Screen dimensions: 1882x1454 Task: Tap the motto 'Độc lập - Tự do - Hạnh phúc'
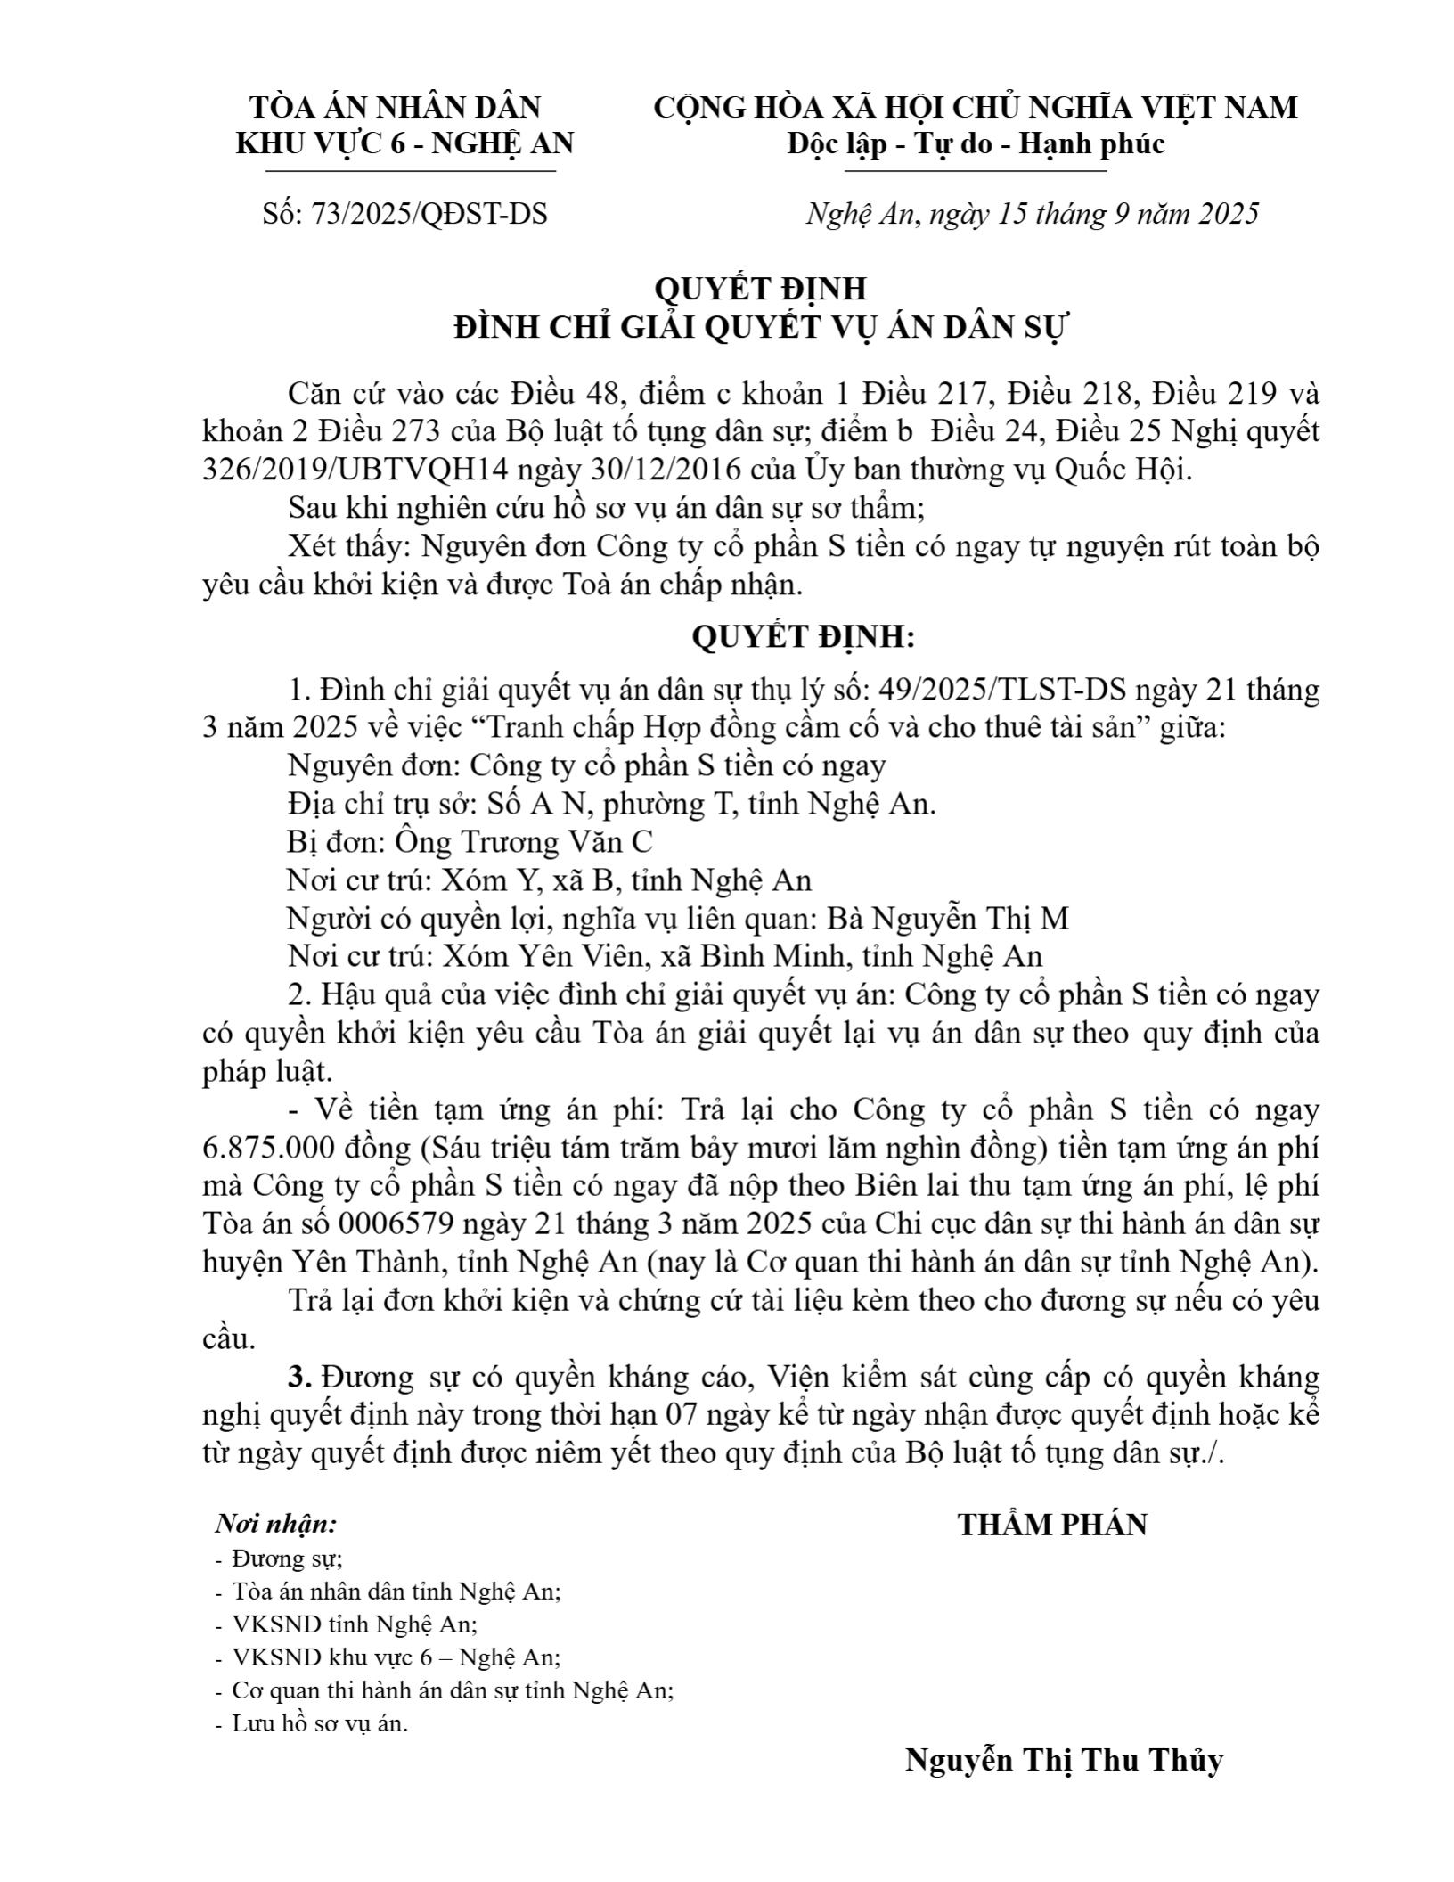point(975,143)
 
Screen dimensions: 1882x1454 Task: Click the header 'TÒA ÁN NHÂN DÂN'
point(396,107)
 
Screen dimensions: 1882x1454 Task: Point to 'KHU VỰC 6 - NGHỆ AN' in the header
point(405,143)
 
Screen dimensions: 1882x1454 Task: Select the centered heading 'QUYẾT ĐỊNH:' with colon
point(803,637)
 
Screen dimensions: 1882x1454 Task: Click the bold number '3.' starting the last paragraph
point(299,1377)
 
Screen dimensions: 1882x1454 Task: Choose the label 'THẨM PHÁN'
point(1052,1525)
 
